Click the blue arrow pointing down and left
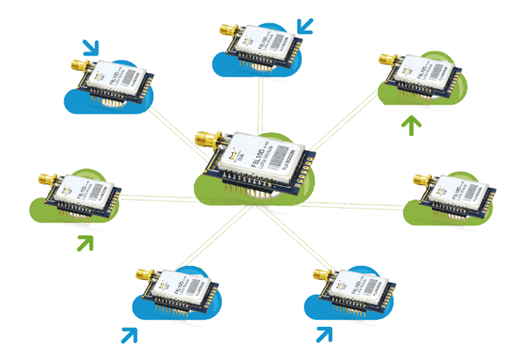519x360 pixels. click(305, 27)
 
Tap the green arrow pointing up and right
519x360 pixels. click(85, 242)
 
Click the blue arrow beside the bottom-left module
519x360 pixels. click(129, 333)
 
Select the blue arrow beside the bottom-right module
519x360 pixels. click(322, 333)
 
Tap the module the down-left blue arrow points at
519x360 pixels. click(258, 44)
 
